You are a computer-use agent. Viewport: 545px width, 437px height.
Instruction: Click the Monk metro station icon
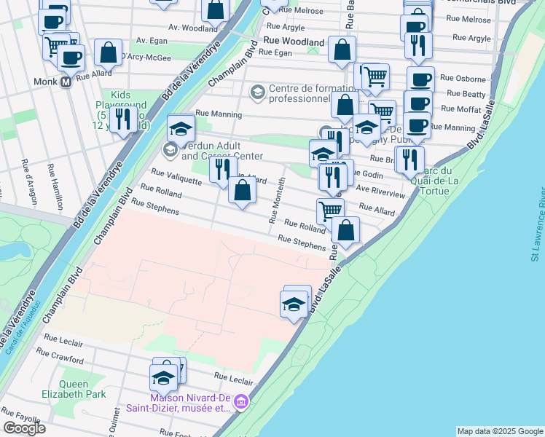tap(66, 82)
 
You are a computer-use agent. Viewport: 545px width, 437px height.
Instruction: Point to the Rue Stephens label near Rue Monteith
tap(302, 243)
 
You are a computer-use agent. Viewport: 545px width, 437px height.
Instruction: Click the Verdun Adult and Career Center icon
tap(170, 150)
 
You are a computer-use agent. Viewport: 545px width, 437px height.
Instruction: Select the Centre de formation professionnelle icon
tap(256, 92)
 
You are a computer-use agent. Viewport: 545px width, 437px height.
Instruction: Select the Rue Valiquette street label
tap(176, 176)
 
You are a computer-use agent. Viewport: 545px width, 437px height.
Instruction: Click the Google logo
tap(24, 428)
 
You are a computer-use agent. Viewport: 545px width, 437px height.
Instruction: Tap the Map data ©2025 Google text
tap(500, 431)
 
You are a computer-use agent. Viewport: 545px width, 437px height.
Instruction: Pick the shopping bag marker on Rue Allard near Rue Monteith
tap(243, 192)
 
